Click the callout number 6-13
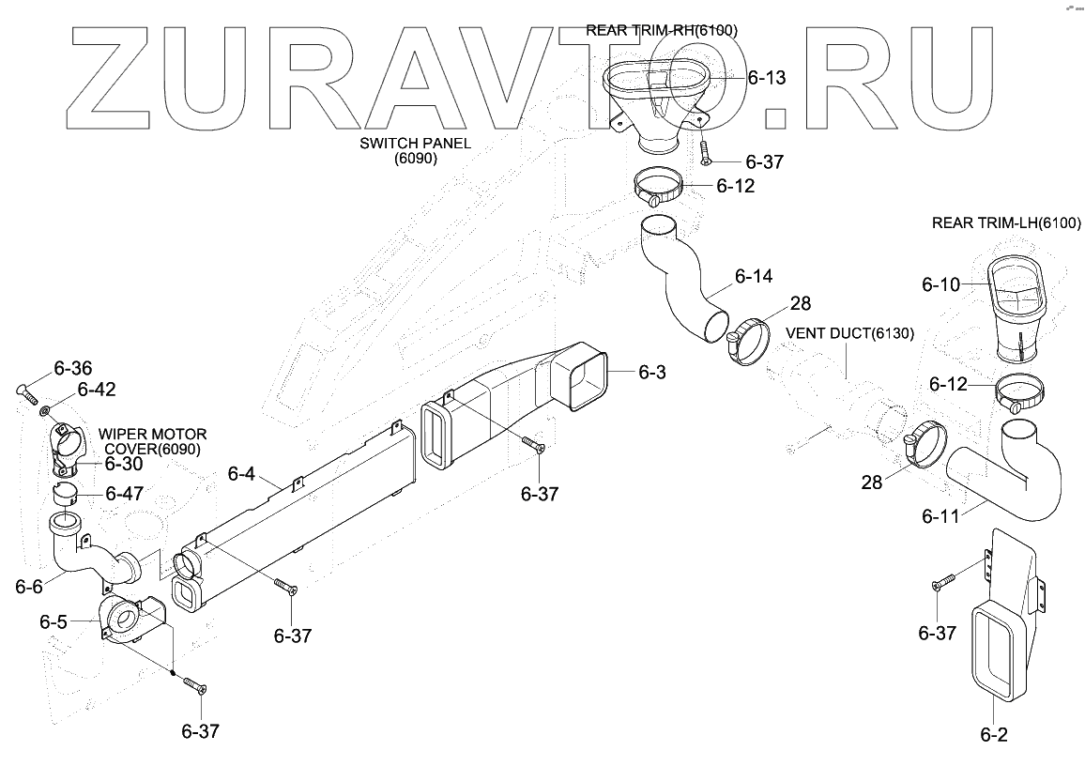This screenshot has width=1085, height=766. (x=767, y=79)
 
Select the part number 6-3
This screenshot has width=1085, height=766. (x=651, y=373)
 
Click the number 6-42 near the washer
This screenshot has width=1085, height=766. (x=97, y=389)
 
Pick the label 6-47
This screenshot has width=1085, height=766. (x=124, y=493)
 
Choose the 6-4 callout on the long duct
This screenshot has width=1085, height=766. (x=241, y=475)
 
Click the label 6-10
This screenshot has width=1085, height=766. (x=940, y=283)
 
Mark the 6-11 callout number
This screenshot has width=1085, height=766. (x=940, y=515)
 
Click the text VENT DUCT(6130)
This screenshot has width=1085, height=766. (x=849, y=333)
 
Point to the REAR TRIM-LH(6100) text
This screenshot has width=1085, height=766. (x=1006, y=223)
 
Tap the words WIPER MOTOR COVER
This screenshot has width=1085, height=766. (x=153, y=441)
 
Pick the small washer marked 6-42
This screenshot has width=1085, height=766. (x=44, y=409)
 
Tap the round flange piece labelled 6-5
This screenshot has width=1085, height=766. (x=122, y=620)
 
